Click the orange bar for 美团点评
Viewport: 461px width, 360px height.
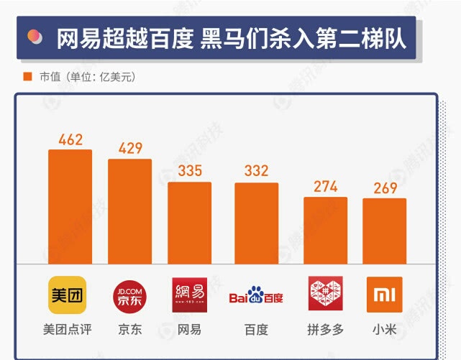click(x=70, y=206)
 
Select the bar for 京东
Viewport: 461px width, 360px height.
click(x=129, y=211)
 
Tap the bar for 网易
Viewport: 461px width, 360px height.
click(x=190, y=223)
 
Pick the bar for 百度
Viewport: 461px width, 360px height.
click(x=256, y=223)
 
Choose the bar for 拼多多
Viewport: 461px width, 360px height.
click(x=325, y=230)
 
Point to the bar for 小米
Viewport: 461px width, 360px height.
click(x=384, y=231)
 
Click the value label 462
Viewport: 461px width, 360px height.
click(x=70, y=139)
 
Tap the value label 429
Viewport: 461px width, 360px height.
click(x=130, y=148)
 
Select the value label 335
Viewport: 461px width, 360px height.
click(x=190, y=171)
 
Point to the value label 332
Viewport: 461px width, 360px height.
click(x=256, y=171)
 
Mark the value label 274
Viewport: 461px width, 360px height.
click(x=326, y=187)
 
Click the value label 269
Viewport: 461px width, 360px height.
click(x=385, y=188)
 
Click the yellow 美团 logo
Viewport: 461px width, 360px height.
click(x=68, y=295)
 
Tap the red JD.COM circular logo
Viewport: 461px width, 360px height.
click(x=129, y=295)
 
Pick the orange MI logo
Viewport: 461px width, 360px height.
click(x=384, y=295)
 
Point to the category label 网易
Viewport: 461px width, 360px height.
click(x=189, y=330)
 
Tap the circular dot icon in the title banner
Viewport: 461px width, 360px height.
click(x=33, y=37)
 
